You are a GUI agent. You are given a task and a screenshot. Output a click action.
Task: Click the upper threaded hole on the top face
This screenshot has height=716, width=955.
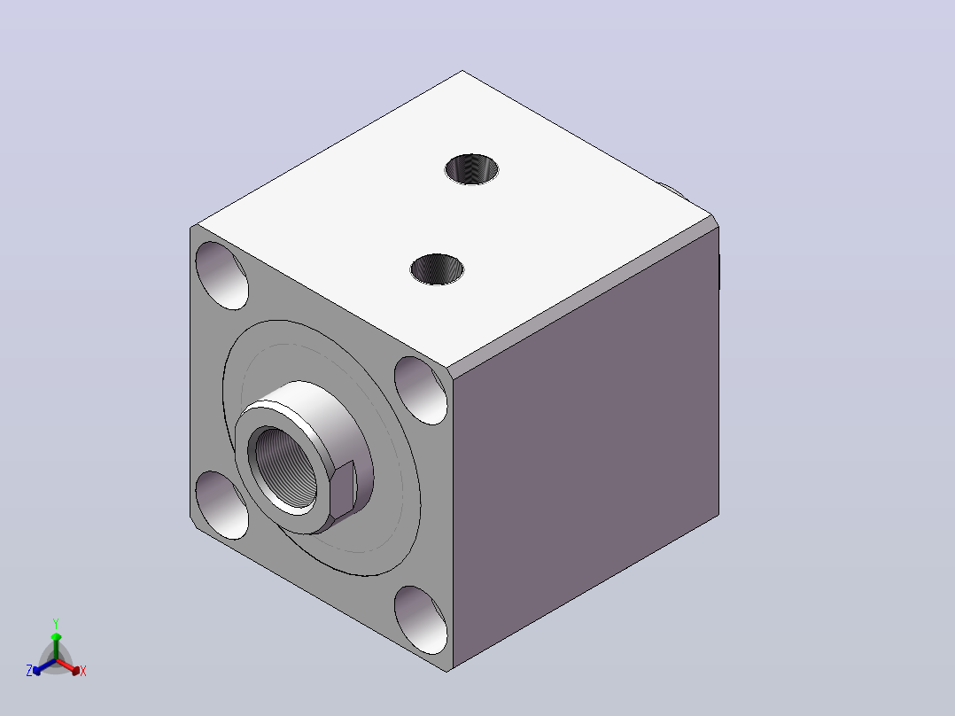coord(471,169)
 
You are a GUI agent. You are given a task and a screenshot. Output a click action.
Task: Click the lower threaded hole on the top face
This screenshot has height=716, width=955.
coord(438,269)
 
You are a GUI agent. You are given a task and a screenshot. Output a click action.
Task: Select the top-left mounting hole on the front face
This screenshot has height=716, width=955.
coord(221,276)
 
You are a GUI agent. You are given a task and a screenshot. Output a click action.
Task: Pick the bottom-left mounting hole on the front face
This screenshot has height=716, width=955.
coord(221,505)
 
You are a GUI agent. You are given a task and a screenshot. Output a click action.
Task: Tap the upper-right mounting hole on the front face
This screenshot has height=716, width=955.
coord(421,391)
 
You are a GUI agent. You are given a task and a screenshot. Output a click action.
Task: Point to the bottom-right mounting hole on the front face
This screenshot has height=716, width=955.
coord(421,620)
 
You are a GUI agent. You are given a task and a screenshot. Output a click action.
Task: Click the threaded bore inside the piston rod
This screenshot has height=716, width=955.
coord(285,468)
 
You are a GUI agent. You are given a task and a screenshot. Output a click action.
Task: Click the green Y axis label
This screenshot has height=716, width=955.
coord(56,623)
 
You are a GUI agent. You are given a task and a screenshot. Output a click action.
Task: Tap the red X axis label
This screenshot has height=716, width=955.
coord(83,671)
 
